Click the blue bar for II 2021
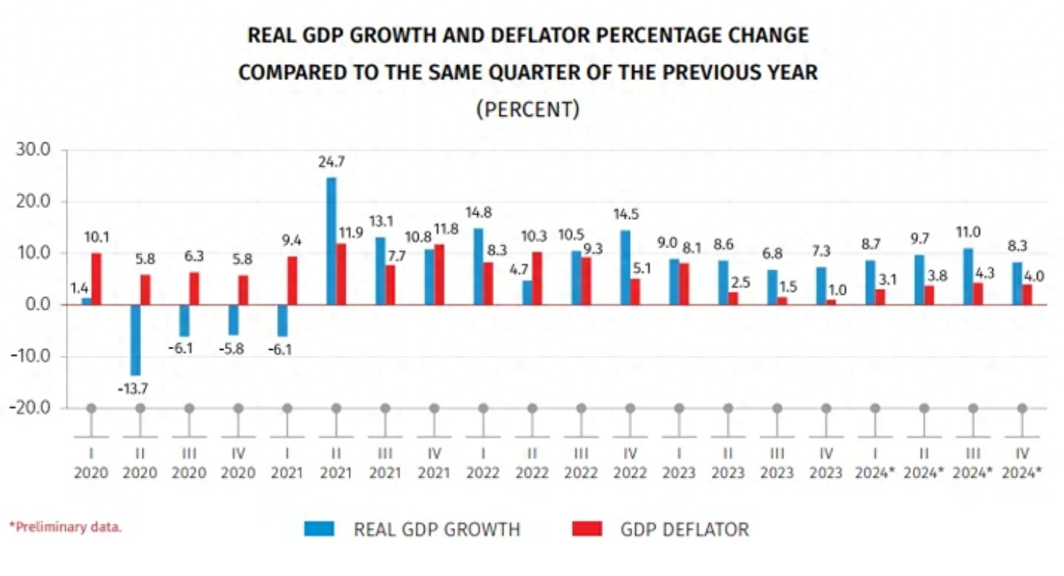(x=331, y=241)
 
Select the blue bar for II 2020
(x=135, y=339)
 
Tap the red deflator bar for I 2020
(x=96, y=278)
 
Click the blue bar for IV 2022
(x=625, y=267)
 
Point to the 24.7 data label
(x=331, y=163)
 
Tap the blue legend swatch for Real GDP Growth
(x=318, y=529)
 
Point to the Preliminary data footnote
(x=65, y=527)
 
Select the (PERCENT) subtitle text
(x=527, y=110)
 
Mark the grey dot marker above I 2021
(x=287, y=408)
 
